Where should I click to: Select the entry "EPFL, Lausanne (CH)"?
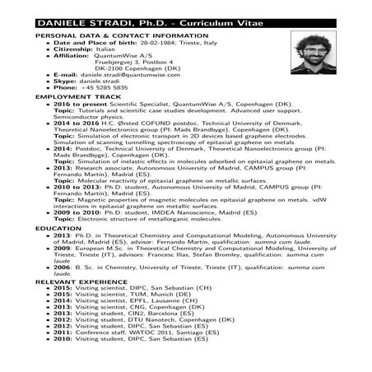pos(157,301)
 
